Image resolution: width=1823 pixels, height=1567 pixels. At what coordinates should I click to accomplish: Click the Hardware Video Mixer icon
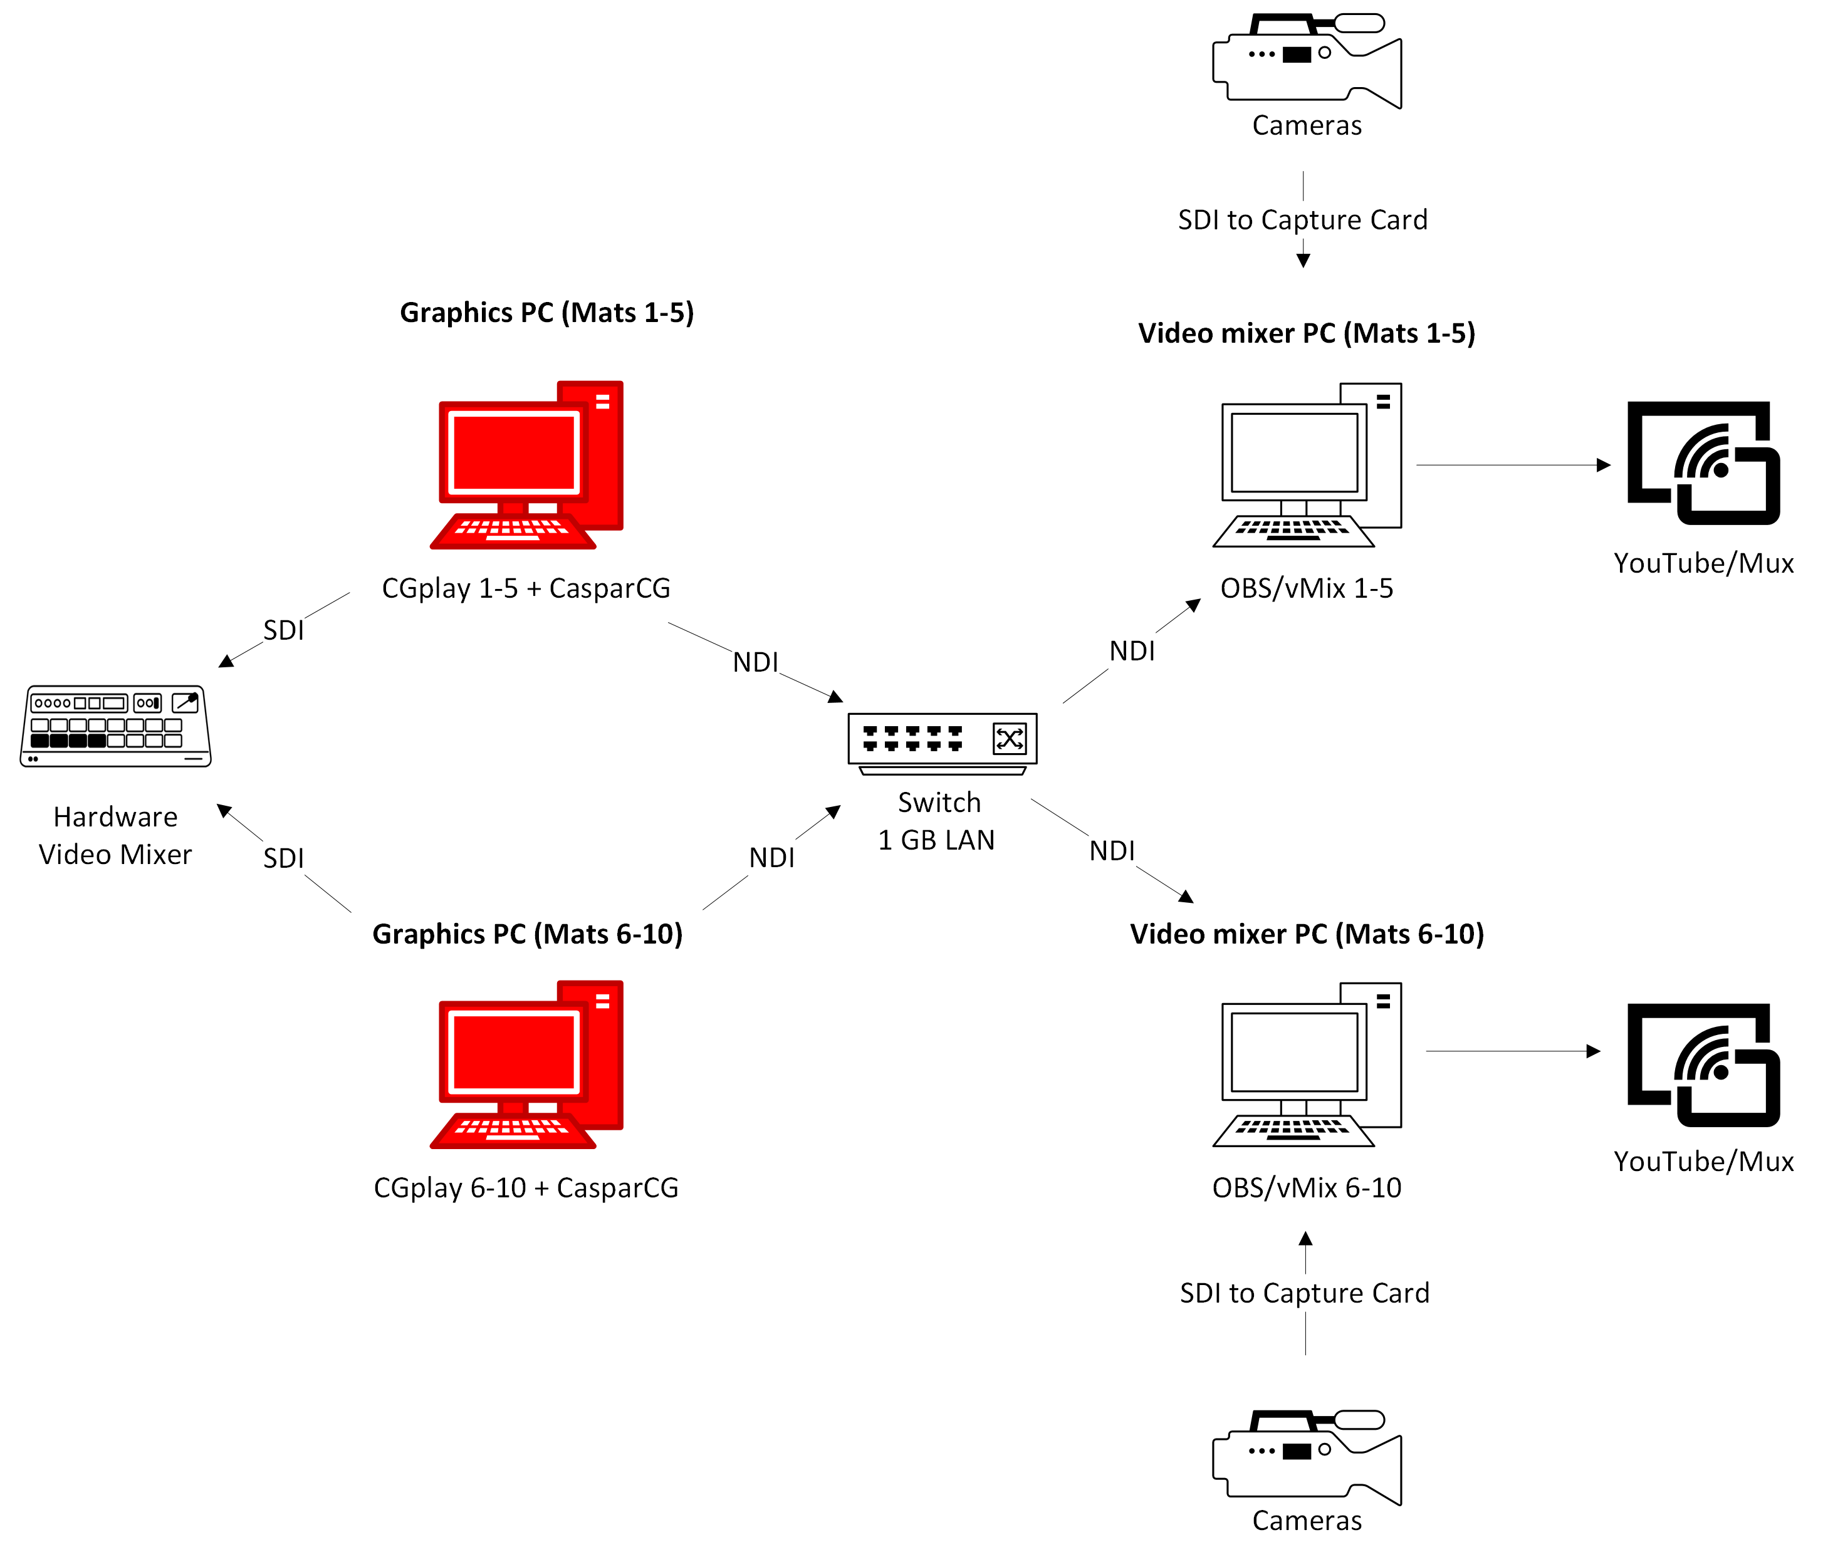[115, 726]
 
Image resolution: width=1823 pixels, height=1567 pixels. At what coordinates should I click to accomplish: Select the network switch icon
[943, 744]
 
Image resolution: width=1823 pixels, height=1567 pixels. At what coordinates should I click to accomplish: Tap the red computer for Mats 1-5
[526, 464]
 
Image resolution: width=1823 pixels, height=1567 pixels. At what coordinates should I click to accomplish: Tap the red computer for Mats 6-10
[526, 1064]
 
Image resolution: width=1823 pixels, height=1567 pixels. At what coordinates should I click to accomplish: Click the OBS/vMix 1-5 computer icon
[1307, 464]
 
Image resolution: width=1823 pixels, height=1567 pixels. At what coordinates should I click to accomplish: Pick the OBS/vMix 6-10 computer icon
[1307, 1064]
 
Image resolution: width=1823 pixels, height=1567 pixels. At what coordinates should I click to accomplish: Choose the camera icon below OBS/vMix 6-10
[1307, 1458]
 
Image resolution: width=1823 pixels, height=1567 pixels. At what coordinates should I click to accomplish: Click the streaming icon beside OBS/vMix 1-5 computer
[1703, 463]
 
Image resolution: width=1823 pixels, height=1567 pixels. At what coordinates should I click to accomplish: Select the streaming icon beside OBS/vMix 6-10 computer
[1703, 1065]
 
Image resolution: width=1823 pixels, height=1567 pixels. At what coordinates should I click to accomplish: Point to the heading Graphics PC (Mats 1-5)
[547, 313]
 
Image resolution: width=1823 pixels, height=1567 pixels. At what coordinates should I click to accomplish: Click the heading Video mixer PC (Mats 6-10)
[1307, 934]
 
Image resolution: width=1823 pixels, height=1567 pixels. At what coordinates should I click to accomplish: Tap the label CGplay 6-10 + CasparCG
[526, 1188]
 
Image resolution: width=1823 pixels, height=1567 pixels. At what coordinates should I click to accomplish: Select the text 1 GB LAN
[936, 840]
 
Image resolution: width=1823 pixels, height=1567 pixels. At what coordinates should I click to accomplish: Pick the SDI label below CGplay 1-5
[283, 630]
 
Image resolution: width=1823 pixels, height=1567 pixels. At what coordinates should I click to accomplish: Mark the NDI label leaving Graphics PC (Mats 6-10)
[771, 858]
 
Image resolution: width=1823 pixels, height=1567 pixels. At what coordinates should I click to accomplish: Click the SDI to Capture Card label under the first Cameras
[1303, 220]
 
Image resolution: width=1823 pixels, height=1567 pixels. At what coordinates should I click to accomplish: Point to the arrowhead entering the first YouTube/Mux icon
[1604, 464]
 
